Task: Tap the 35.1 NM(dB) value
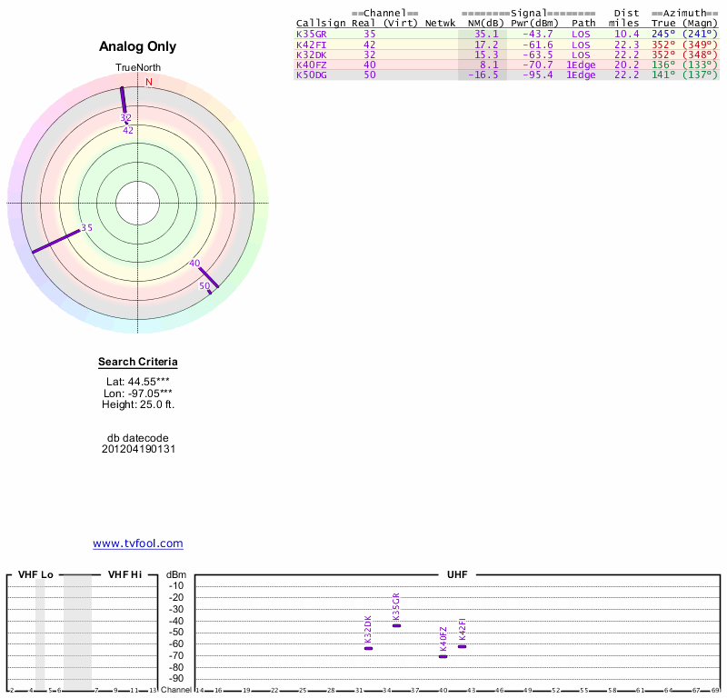click(486, 34)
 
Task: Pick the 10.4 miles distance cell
click(626, 34)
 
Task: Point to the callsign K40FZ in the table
click(311, 65)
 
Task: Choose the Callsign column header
click(321, 23)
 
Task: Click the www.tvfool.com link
click(138, 543)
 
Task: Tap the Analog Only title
click(137, 46)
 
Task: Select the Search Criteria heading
click(138, 362)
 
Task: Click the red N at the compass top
click(150, 82)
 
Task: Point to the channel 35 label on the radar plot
click(86, 228)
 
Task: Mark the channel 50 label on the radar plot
click(204, 286)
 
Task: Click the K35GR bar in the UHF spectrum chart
click(396, 625)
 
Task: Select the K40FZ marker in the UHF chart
click(443, 656)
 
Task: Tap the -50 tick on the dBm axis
click(176, 632)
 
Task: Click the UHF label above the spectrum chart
click(457, 575)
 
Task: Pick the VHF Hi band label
click(124, 575)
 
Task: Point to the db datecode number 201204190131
click(138, 449)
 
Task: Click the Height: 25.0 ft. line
click(138, 404)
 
